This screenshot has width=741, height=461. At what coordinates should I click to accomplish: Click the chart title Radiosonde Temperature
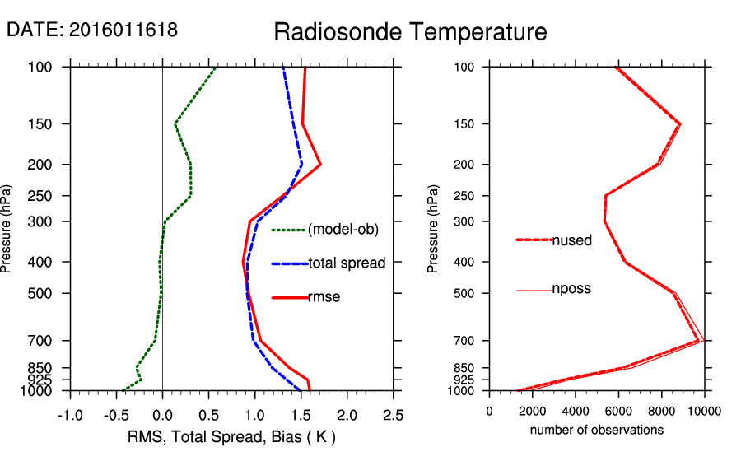click(x=410, y=32)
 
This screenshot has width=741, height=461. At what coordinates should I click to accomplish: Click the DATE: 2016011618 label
click(x=92, y=30)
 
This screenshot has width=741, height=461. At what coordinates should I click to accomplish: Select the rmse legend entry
click(x=324, y=297)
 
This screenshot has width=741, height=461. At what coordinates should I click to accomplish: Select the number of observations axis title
click(x=597, y=430)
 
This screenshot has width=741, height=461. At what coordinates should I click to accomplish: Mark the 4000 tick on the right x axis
click(x=576, y=412)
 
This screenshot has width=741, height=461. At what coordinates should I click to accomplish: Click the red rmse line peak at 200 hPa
click(x=319, y=165)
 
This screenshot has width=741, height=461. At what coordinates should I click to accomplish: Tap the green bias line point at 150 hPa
click(x=175, y=124)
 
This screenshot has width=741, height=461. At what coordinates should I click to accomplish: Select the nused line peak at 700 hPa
click(x=698, y=340)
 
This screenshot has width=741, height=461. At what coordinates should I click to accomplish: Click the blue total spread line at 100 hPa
click(x=282, y=67)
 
